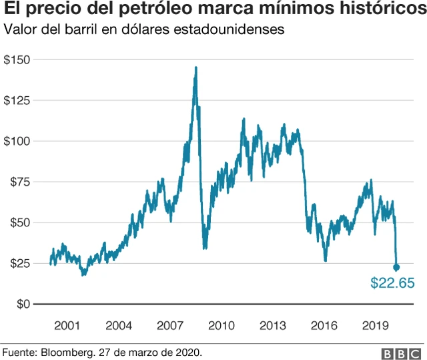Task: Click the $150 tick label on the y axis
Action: (x=17, y=60)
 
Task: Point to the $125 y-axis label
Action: (x=17, y=101)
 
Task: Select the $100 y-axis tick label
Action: (x=17, y=142)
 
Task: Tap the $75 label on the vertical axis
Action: (x=20, y=182)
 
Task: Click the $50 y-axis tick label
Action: (x=20, y=223)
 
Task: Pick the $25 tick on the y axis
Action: (x=20, y=264)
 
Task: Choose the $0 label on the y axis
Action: (x=23, y=305)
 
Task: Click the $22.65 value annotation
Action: (x=392, y=284)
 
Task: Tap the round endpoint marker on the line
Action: (x=396, y=267)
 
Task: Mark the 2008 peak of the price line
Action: (x=195, y=67)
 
